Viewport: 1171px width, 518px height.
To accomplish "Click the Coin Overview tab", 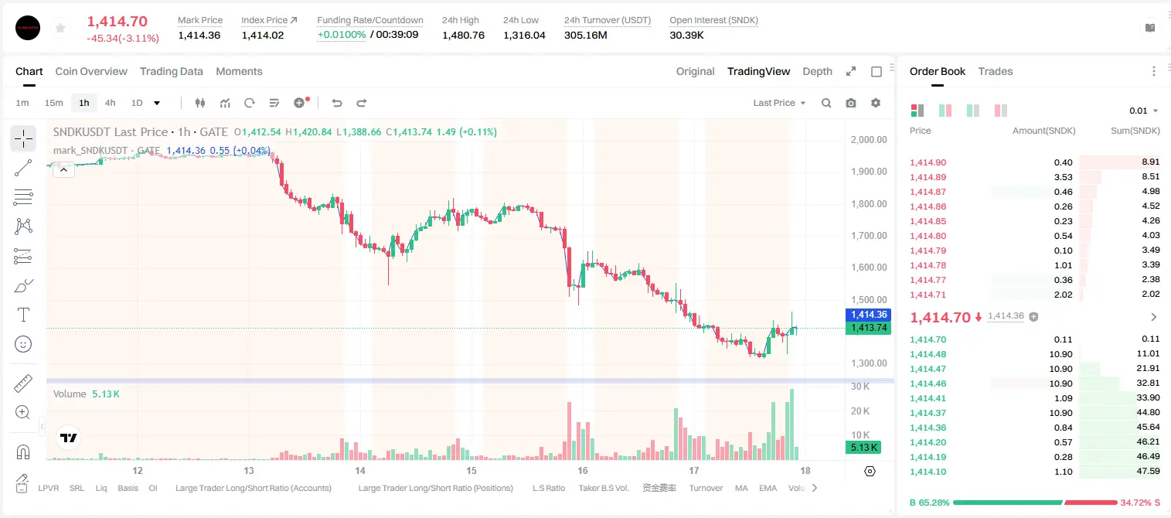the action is tap(91, 71).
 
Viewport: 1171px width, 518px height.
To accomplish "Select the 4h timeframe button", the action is tap(110, 103).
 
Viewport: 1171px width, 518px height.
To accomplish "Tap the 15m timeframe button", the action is tap(53, 103).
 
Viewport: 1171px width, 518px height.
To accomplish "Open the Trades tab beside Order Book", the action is tap(996, 71).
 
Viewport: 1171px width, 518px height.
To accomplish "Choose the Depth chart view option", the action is tap(817, 71).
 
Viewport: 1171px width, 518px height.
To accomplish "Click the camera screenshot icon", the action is tap(851, 103).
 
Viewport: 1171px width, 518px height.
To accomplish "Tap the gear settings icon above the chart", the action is tap(876, 103).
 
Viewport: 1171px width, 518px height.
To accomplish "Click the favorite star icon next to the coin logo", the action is tap(60, 28).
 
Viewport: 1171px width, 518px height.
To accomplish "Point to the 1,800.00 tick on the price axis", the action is tap(869, 204).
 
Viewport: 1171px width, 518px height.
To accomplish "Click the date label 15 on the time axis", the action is tap(471, 470).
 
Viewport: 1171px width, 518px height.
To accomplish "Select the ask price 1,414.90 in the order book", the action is tap(928, 162).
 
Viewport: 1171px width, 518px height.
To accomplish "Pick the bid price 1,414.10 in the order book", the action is tap(928, 472).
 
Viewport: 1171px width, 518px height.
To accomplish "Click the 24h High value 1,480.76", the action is tap(463, 35).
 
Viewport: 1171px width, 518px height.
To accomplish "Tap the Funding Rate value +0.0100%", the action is tap(342, 35).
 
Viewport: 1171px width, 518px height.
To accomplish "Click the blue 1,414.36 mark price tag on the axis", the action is tap(868, 315).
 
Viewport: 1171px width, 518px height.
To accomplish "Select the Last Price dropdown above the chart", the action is tap(779, 103).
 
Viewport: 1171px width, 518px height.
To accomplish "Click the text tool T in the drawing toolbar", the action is tap(23, 315).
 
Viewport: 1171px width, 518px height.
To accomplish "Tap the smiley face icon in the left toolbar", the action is tap(23, 344).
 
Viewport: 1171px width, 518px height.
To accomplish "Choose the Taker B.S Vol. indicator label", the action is tap(603, 488).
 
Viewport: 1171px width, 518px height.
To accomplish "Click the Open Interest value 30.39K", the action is tap(686, 35).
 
